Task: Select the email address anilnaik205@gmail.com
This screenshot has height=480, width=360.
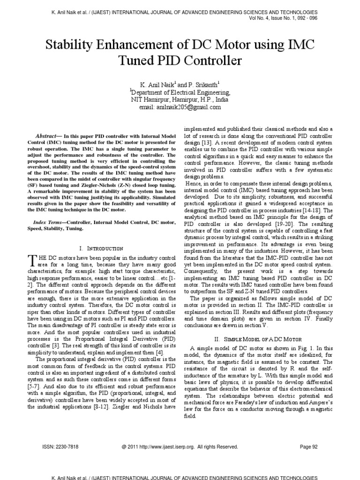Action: [x=180, y=107]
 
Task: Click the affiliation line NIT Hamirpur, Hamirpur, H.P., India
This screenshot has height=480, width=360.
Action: [x=180, y=100]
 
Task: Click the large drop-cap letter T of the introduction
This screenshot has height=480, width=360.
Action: [x=32, y=260]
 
